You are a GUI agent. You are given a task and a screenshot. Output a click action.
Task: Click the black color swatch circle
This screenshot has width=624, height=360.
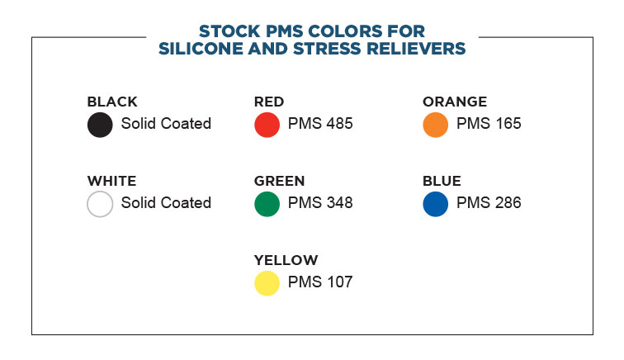pyautogui.click(x=100, y=125)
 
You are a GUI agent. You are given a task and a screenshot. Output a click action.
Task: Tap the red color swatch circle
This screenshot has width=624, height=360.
pyautogui.click(x=267, y=125)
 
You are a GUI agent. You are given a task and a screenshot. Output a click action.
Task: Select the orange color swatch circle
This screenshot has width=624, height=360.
pyautogui.click(x=435, y=125)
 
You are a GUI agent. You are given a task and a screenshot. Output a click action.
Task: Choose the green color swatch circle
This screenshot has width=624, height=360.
pyautogui.click(x=267, y=204)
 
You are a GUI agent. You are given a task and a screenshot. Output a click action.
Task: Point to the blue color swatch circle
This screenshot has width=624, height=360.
pyautogui.click(x=435, y=204)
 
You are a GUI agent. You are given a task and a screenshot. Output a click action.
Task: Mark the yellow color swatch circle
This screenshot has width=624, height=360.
pyautogui.click(x=267, y=283)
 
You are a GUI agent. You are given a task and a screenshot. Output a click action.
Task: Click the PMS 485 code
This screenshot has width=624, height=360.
pyautogui.click(x=320, y=124)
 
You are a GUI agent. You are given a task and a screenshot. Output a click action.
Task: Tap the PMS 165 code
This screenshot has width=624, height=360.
pyautogui.click(x=489, y=124)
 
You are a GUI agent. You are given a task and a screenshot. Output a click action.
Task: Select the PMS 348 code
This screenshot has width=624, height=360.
pyautogui.click(x=320, y=202)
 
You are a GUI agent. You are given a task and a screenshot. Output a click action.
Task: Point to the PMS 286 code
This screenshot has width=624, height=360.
pyautogui.click(x=489, y=202)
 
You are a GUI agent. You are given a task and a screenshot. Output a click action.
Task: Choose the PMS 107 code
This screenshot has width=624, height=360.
pyautogui.click(x=320, y=282)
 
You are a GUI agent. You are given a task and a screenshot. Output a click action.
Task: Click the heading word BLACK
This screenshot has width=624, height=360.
pyautogui.click(x=112, y=102)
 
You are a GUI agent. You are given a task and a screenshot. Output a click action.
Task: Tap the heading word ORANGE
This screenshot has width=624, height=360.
pyautogui.click(x=455, y=102)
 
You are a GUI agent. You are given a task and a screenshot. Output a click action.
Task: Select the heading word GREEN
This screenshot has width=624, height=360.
pyautogui.click(x=279, y=181)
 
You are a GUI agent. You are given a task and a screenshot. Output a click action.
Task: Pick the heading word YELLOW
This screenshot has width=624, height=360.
pyautogui.click(x=286, y=260)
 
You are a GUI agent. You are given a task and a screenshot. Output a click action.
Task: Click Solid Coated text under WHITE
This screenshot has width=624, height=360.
pyautogui.click(x=166, y=202)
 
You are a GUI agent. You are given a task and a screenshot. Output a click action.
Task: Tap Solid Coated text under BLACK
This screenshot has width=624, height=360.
pyautogui.click(x=166, y=124)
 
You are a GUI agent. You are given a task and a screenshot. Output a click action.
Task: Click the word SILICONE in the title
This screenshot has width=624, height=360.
pyautogui.click(x=201, y=49)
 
